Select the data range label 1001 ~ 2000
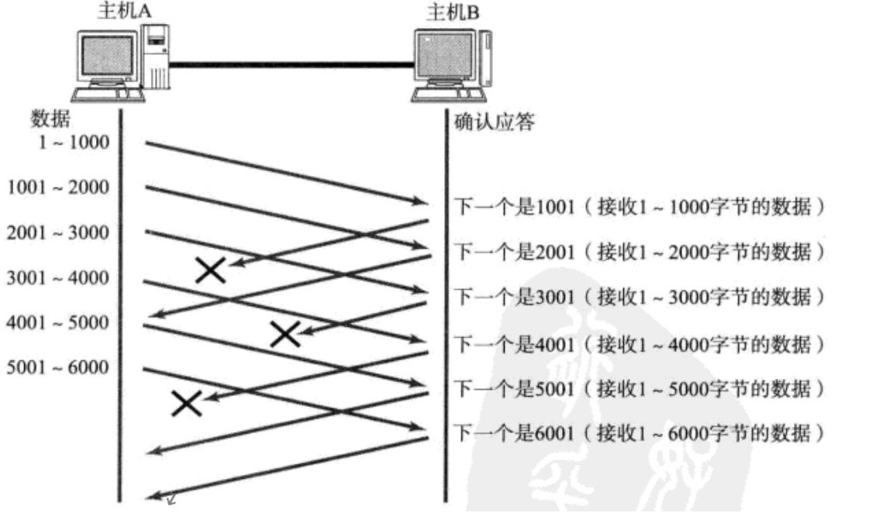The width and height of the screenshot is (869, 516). point(58,187)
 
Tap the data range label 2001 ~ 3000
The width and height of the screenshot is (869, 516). point(58,232)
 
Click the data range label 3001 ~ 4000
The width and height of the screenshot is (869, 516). point(58,277)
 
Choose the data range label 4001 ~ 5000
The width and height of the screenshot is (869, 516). point(58,322)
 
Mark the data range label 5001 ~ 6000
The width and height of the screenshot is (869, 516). point(58,366)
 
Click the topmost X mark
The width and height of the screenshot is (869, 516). point(211,270)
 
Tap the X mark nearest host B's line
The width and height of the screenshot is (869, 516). point(285,334)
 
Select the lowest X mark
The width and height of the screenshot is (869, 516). point(187,403)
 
